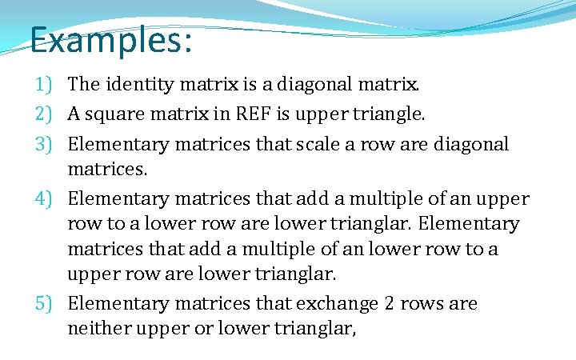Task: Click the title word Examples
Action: click(x=111, y=39)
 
